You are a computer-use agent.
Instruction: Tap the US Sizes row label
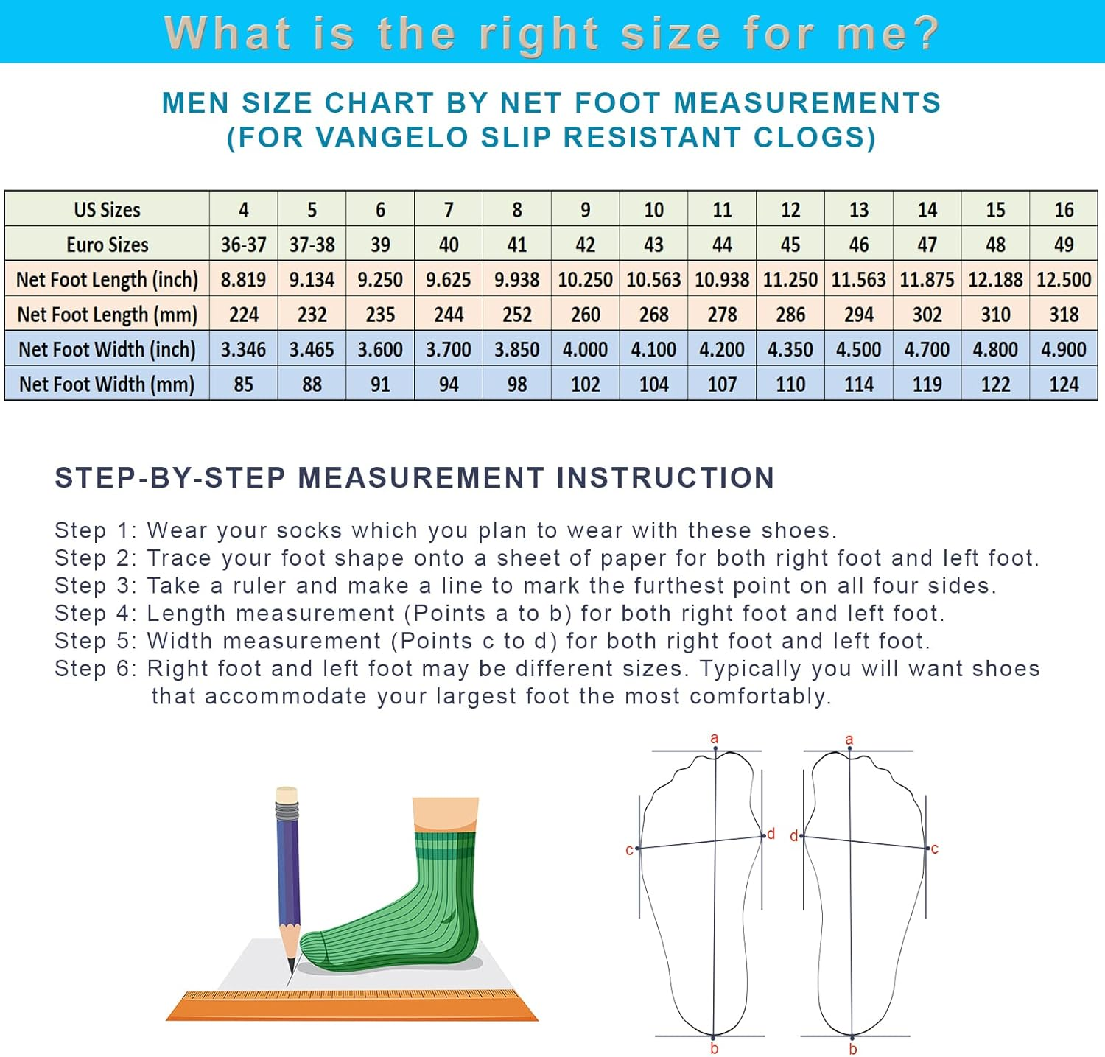coord(107,210)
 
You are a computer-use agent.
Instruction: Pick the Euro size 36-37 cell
coord(243,245)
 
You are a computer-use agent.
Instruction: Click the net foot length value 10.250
coord(585,280)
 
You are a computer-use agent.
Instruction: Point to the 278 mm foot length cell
coord(722,315)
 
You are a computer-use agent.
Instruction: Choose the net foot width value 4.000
coord(585,349)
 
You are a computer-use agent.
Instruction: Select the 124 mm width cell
coord(1063,384)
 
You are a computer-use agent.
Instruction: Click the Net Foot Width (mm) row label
coord(107,384)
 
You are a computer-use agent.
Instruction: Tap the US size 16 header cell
coord(1063,210)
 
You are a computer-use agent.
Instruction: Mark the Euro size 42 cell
coord(585,245)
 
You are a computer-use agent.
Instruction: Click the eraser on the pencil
coord(286,795)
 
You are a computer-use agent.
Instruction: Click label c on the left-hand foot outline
coord(629,850)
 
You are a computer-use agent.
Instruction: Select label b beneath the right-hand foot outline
coord(852,1049)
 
